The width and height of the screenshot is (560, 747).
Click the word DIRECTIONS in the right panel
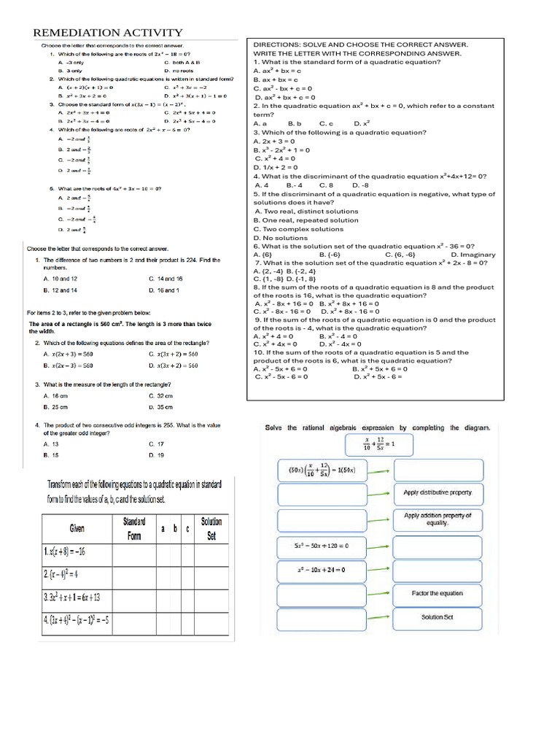click(x=276, y=44)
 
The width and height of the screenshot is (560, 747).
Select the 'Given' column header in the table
click(x=77, y=527)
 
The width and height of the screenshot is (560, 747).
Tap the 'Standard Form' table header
click(x=134, y=528)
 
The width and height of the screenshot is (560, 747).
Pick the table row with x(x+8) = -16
click(x=77, y=551)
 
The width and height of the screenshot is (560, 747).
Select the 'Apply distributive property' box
click(x=437, y=493)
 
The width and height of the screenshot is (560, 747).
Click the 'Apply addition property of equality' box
click(x=437, y=519)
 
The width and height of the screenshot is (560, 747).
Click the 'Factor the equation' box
click(x=437, y=594)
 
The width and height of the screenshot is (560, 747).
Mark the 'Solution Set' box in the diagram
click(x=437, y=618)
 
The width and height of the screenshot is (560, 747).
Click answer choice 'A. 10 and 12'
click(x=61, y=279)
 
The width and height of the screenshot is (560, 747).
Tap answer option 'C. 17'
click(x=156, y=444)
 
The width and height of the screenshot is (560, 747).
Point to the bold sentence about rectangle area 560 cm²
click(x=109, y=328)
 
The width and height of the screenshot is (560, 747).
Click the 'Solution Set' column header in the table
click(x=211, y=528)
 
